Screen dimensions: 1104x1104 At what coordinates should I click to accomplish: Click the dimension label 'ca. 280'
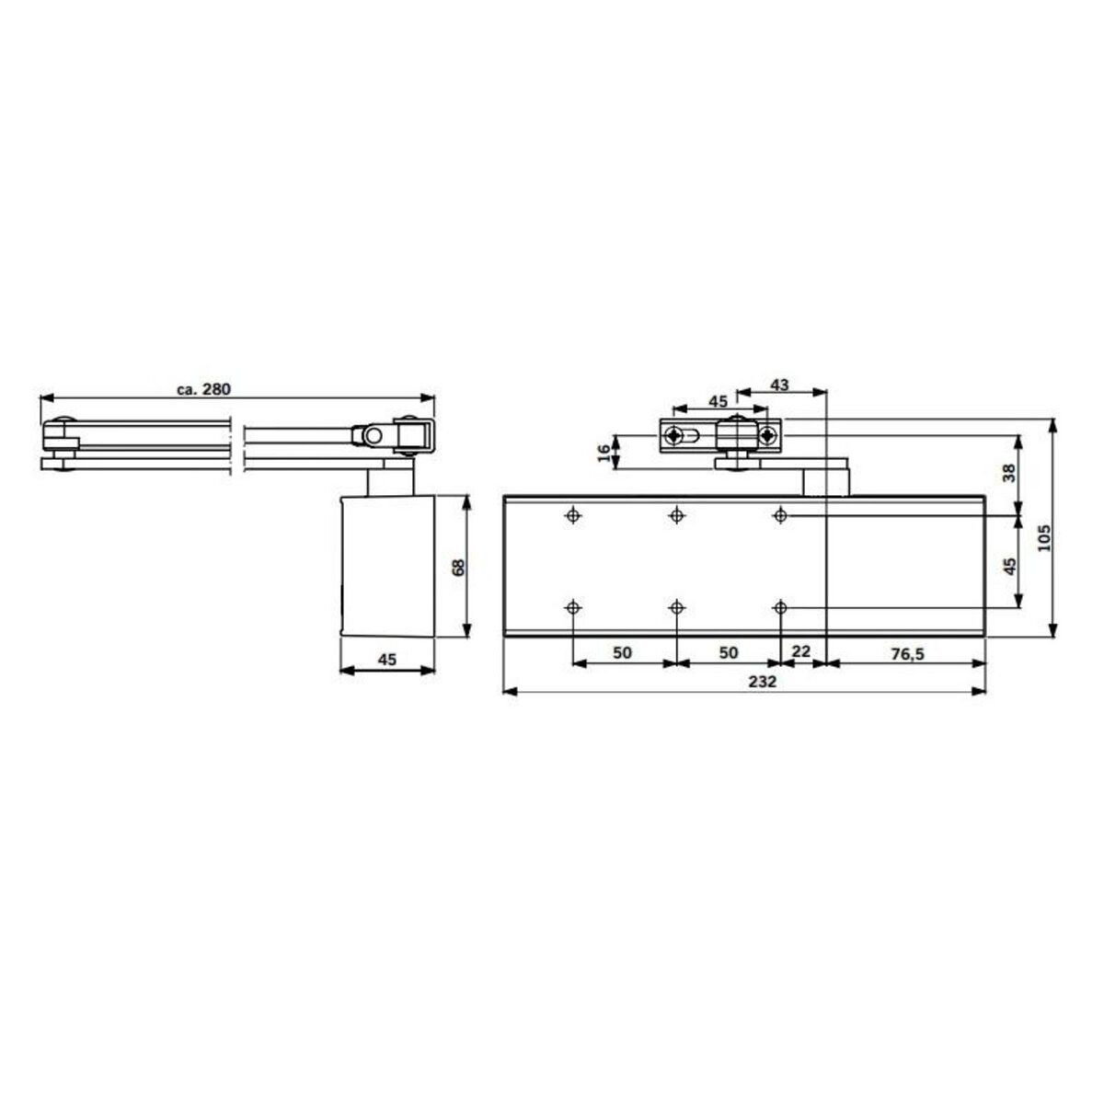[x=203, y=389]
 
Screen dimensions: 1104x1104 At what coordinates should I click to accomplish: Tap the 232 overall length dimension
[x=743, y=682]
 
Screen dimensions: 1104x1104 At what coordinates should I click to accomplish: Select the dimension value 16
[x=604, y=452]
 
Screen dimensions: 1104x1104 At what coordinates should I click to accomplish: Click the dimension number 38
[x=1009, y=473]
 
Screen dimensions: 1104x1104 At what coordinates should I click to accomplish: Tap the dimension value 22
[x=801, y=651]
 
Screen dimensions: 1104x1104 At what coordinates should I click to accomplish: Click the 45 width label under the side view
[x=387, y=659]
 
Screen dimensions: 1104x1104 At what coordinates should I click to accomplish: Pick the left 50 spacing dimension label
[x=623, y=652]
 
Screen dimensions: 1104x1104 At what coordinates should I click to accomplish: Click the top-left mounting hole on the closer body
[x=573, y=515]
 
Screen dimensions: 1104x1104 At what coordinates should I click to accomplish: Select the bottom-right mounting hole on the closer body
[x=781, y=608]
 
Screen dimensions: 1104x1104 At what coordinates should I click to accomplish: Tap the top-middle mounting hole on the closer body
[x=677, y=515]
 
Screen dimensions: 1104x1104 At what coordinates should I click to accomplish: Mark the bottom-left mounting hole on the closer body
[x=573, y=608]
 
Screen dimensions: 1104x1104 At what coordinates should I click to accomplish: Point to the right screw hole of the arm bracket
[x=766, y=435]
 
